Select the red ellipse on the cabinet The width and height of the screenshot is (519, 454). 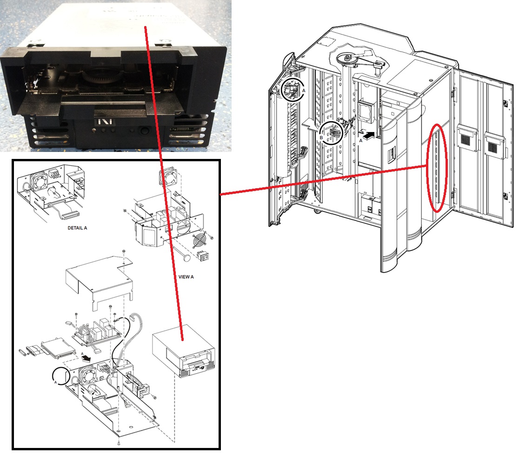437,168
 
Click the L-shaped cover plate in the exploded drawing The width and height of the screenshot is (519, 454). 100,283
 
